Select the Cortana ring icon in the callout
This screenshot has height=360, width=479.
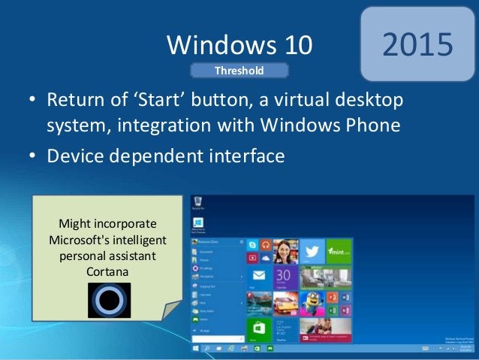pyautogui.click(x=109, y=300)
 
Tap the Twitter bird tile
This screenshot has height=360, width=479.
pyautogui.click(x=314, y=251)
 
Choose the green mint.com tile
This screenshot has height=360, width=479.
pyautogui.click(x=340, y=251)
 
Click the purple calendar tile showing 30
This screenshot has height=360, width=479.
pyautogui.click(x=285, y=277)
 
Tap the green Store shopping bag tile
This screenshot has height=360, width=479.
pyautogui.click(x=259, y=328)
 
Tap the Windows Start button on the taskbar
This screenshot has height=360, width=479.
pyautogui.click(x=196, y=349)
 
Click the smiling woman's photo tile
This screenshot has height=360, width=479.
pyautogui.click(x=286, y=250)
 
